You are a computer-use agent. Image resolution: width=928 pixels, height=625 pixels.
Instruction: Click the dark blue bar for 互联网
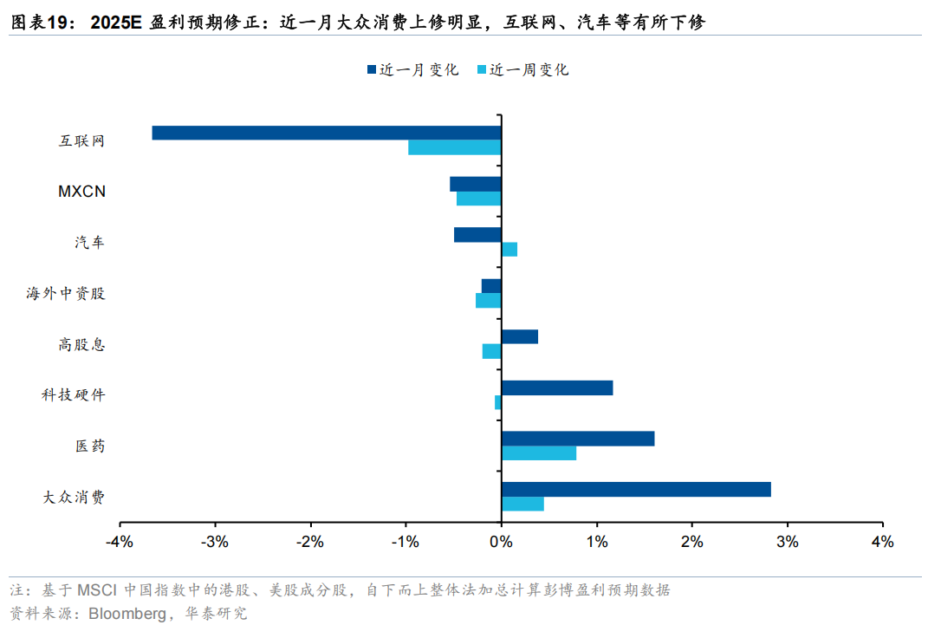[327, 133]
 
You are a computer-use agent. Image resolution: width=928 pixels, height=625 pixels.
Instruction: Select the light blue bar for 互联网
[454, 147]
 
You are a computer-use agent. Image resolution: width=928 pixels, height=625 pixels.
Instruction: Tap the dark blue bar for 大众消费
[636, 490]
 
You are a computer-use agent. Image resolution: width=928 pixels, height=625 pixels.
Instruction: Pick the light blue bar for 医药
[538, 452]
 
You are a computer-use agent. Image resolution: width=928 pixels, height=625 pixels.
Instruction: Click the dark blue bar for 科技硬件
[556, 387]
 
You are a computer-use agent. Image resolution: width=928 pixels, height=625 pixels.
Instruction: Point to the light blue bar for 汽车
[509, 250]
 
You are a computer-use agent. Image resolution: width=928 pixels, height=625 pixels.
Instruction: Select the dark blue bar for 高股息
[519, 336]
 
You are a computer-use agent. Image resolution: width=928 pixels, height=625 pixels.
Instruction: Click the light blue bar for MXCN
[478, 199]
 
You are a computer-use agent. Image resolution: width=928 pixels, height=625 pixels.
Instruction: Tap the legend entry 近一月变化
[412, 70]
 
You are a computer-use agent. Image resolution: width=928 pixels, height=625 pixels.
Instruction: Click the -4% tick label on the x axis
[120, 543]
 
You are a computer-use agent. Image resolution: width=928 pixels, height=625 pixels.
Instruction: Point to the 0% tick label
[501, 543]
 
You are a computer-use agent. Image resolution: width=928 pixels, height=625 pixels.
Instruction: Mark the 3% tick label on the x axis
[787, 543]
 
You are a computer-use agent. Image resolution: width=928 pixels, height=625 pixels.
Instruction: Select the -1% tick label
[406, 543]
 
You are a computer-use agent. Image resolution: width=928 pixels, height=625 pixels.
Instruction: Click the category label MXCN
[81, 192]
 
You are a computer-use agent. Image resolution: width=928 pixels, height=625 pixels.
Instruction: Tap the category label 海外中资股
[65, 294]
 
